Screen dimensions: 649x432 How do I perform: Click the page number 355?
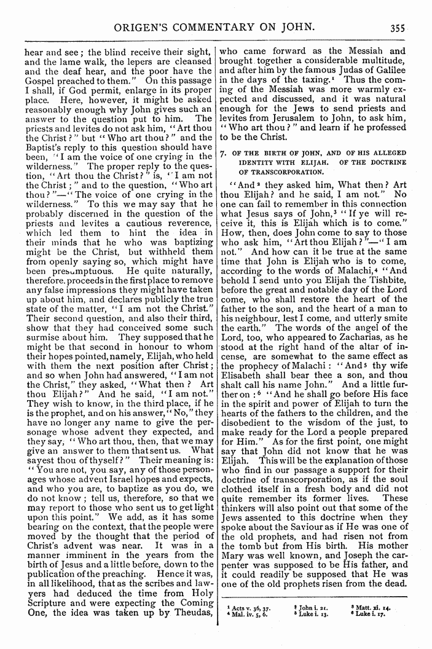click(x=412, y=27)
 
